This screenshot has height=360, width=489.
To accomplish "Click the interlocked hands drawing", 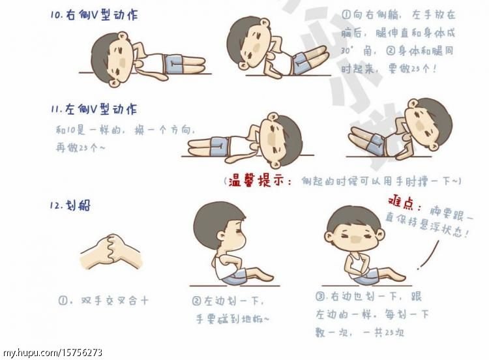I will pyautogui.click(x=110, y=252).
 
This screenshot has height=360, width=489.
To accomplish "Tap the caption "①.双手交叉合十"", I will pyautogui.click(x=104, y=301).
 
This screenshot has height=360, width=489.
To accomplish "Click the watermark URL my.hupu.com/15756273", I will pyautogui.click(x=52, y=353).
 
